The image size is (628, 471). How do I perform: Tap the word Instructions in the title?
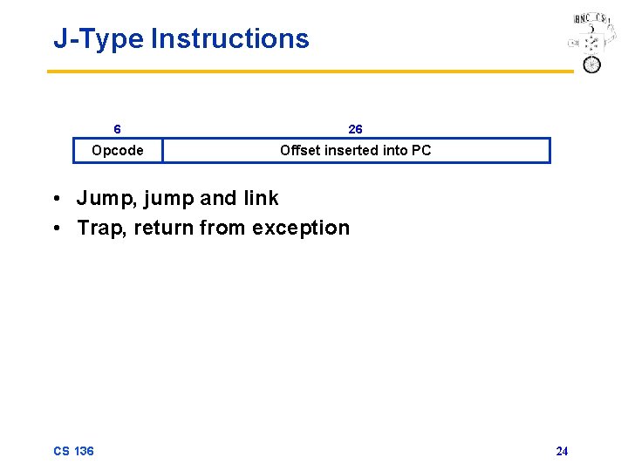pos(229,39)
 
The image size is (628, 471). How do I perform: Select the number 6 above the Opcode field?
pos(118,129)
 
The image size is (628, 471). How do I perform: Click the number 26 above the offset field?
pos(356,129)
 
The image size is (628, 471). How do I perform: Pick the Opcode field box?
pos(118,151)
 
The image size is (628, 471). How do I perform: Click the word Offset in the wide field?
pos(299,150)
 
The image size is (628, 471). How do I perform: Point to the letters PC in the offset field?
pos(421,150)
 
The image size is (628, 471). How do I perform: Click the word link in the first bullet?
pos(261,198)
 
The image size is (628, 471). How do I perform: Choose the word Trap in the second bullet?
pos(99,228)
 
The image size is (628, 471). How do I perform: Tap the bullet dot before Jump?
pos(56,199)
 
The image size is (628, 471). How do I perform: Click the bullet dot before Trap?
pos(56,229)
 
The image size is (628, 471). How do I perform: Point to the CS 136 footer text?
pos(73,451)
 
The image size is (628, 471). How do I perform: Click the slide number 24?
pos(562,451)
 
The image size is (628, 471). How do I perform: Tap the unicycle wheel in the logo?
pos(592,65)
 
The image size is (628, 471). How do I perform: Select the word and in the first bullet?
pos(218,198)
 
